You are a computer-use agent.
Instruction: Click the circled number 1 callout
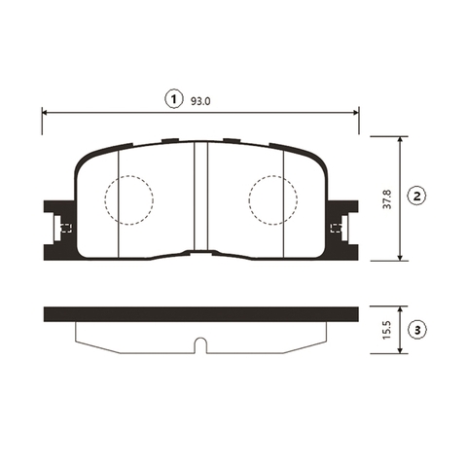coord(174,99)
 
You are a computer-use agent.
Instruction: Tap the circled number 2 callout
coord(417,196)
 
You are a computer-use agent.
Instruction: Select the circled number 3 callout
coord(417,330)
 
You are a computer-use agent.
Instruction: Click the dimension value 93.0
coord(200,101)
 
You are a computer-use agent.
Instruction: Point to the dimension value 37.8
coord(387,199)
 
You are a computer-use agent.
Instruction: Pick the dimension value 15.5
coord(387,330)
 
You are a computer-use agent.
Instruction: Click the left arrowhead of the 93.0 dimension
coord(46,112)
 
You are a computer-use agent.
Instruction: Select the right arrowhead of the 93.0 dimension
coord(355,112)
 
